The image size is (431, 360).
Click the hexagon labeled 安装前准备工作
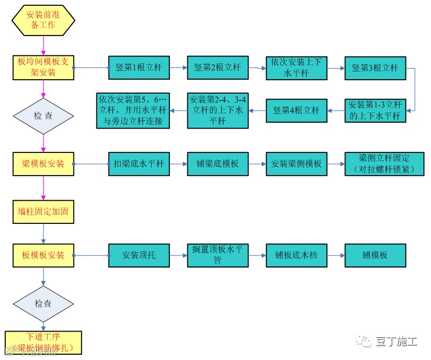[x=42, y=21]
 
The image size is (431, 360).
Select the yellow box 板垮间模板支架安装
[x=44, y=67]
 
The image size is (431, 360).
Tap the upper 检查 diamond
[x=43, y=115]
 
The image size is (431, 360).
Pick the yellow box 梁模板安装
[x=44, y=163]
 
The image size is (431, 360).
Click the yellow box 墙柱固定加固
[x=44, y=211]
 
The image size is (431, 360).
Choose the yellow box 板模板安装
[x=44, y=255]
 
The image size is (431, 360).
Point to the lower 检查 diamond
[x=43, y=304]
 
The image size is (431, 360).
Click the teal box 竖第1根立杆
[x=138, y=67]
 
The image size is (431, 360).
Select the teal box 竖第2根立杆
[x=218, y=67]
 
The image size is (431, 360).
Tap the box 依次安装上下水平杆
[x=296, y=67]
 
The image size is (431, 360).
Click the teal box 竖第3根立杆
[x=375, y=67]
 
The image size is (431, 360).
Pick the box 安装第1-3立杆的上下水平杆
[x=375, y=111]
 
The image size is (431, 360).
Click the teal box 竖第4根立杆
[x=296, y=111]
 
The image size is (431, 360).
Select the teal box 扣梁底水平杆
[x=138, y=163]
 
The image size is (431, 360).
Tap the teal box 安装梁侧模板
[x=296, y=163]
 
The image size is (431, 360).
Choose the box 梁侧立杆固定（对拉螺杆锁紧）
[x=375, y=163]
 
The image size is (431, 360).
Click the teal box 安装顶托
[x=138, y=255]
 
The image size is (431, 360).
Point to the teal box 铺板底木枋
[x=296, y=255]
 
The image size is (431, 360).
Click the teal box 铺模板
[x=375, y=255]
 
